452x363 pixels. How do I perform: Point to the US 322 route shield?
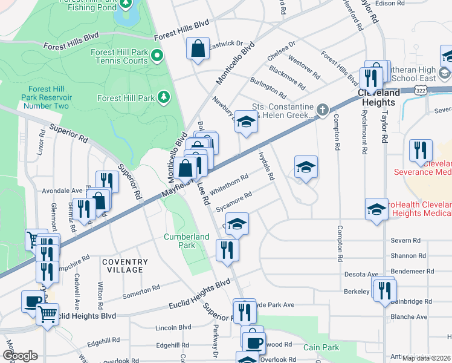(x=421, y=90)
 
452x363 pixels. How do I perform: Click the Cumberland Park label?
(x=187, y=241)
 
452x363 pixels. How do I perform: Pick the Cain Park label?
(x=321, y=347)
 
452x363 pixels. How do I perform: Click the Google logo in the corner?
(x=20, y=356)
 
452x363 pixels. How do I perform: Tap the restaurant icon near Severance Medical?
(x=421, y=151)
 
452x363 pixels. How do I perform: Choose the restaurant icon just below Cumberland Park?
(x=227, y=250)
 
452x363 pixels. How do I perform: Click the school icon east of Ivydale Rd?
(x=306, y=167)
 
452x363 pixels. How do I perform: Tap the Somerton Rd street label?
(x=141, y=290)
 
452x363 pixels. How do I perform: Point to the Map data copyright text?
(x=426, y=358)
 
